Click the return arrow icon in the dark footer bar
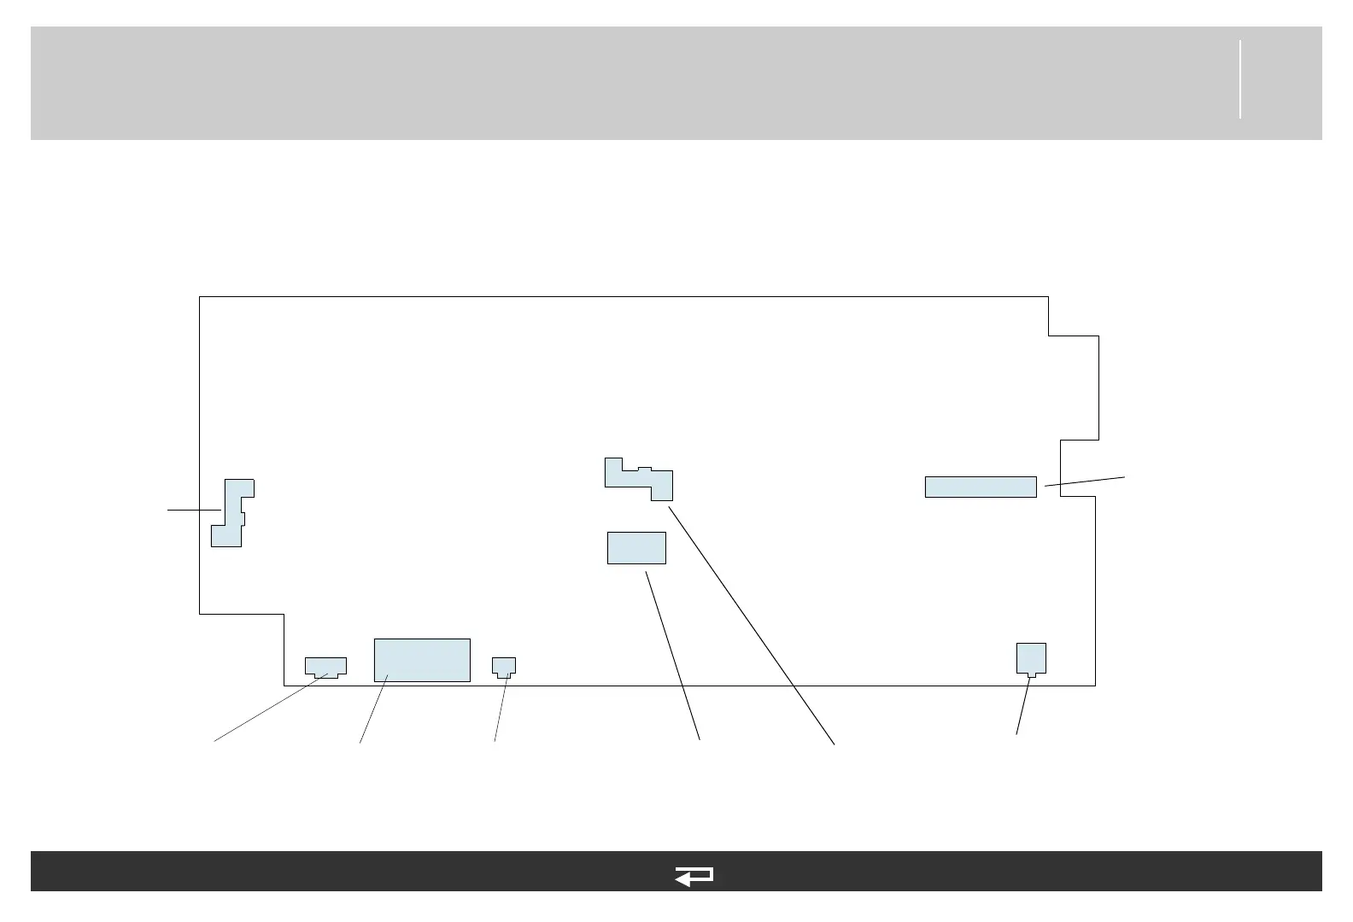[x=694, y=877]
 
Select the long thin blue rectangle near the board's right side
[x=981, y=487]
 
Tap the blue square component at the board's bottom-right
[x=1031, y=657]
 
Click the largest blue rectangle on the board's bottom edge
[x=422, y=660]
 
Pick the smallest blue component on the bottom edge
[x=505, y=666]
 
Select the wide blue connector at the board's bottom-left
[x=325, y=666]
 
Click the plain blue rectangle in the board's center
[x=636, y=547]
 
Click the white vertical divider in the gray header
[x=1239, y=79]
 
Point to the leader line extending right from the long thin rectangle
[x=1085, y=481]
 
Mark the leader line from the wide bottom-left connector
[x=269, y=708]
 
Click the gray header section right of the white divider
[x=1280, y=83]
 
